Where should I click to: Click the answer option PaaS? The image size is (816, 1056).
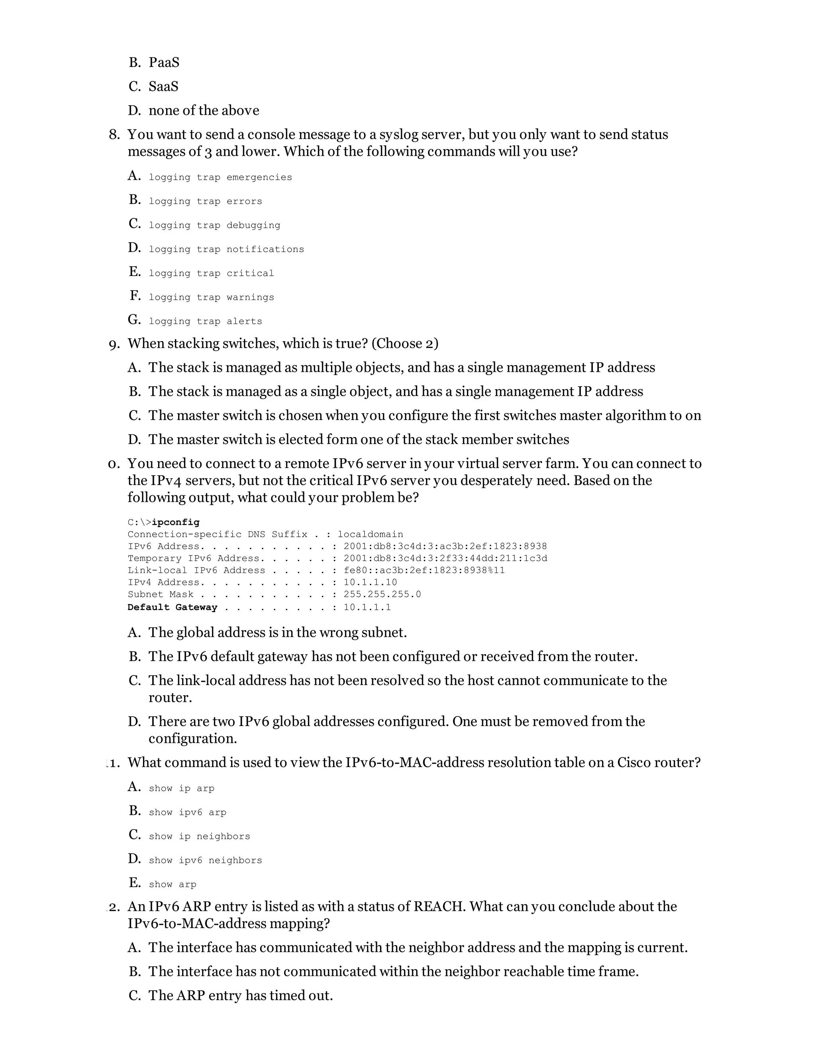tap(164, 63)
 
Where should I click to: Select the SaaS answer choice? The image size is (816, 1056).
tap(163, 86)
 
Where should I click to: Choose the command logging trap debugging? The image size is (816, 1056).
tap(214, 225)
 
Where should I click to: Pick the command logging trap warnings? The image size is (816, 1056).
tap(211, 297)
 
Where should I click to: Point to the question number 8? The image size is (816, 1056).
tap(114, 135)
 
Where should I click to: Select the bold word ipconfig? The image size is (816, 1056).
tap(175, 522)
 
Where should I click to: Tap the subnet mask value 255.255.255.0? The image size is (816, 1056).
tap(382, 594)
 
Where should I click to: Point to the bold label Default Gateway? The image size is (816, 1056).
tap(172, 607)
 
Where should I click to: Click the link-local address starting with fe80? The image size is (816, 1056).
tap(424, 571)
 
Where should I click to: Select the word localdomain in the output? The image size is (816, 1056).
tap(370, 534)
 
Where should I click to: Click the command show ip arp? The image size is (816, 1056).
tap(181, 789)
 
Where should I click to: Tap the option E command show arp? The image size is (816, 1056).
tap(172, 885)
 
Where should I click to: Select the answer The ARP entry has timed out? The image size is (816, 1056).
tap(240, 995)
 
